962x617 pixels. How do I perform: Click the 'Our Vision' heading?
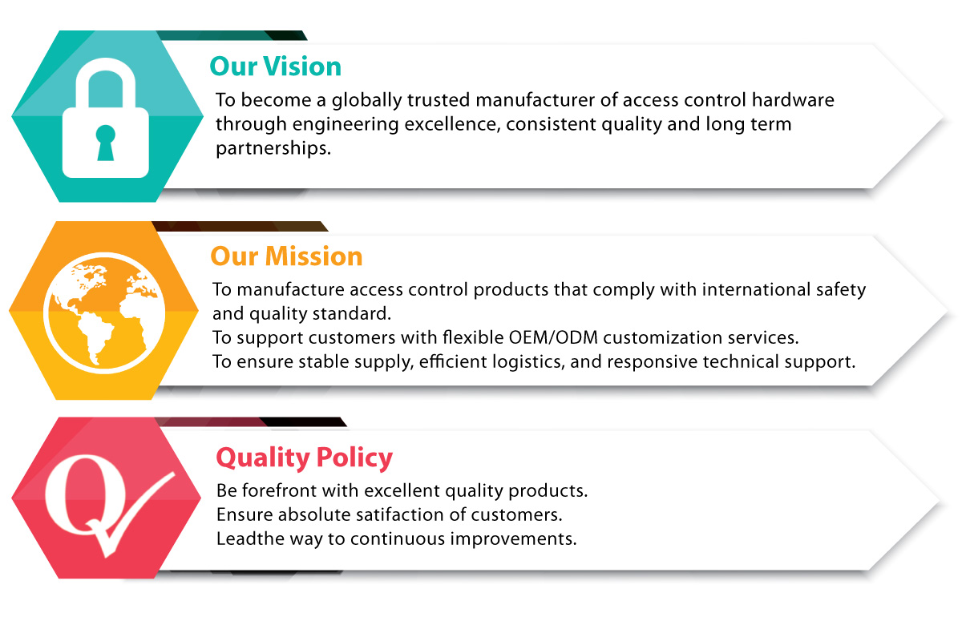coord(275,67)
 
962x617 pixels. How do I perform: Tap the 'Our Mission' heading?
coord(286,256)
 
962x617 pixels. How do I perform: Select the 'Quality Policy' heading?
coord(304,458)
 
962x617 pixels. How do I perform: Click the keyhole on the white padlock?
coord(105,143)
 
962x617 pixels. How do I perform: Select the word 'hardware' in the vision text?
coord(793,100)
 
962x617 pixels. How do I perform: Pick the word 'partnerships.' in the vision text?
coord(273,148)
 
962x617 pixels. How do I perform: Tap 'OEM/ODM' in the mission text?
coord(553,337)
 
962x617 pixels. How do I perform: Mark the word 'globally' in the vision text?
coord(367,100)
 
